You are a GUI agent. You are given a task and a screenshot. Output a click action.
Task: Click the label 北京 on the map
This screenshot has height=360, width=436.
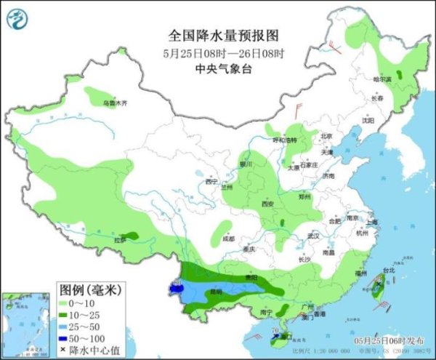[x=326, y=136]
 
